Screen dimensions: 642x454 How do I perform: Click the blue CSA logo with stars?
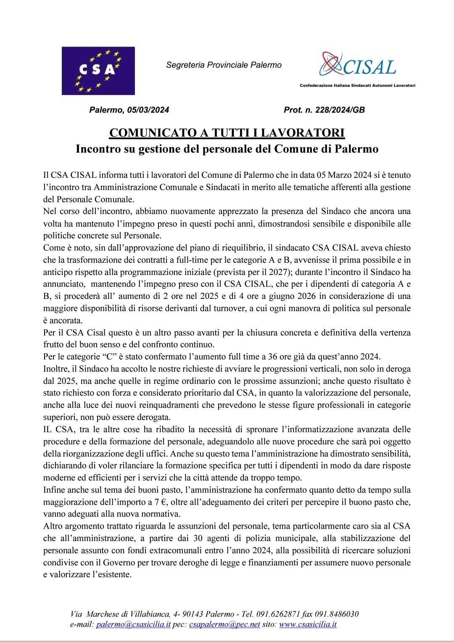[98, 71]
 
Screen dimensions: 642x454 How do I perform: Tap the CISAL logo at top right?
[358, 65]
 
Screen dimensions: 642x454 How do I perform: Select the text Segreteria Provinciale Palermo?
[224, 65]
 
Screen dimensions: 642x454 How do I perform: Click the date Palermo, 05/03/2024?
[129, 110]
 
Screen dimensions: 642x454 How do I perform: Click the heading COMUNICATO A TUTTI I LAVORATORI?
[227, 133]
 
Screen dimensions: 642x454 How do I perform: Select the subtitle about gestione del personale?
[227, 149]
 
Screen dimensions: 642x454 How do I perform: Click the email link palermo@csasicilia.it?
[133, 624]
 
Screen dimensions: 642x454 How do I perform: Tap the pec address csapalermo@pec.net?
[224, 624]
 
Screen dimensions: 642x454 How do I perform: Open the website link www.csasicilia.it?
[308, 624]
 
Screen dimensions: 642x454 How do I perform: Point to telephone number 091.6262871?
[278, 614]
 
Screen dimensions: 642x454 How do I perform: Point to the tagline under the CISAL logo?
[357, 85]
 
